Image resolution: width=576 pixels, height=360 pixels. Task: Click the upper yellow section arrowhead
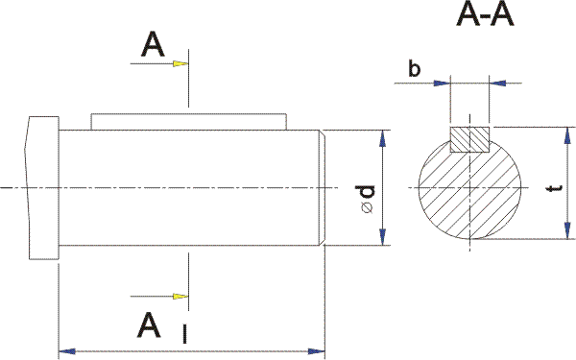point(180,64)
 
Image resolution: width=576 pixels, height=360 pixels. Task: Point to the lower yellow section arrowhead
point(180,295)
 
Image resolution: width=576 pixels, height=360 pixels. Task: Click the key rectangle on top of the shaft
point(189,122)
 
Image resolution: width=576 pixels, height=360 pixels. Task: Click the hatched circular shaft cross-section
point(469,192)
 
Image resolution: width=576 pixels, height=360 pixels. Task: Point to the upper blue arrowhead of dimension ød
point(383,137)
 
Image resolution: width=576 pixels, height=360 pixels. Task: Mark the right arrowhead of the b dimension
point(499,84)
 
